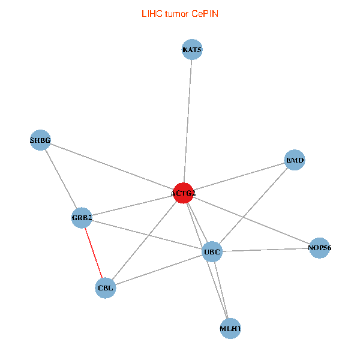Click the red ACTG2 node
coord(183,193)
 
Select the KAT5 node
coord(192,49)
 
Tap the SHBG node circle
coord(40,140)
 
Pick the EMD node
coord(295,160)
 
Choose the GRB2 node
coord(82,218)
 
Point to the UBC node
coord(212,251)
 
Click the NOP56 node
coord(320,247)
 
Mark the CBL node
coord(106,288)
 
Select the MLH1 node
coord(230,329)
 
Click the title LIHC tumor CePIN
coord(179,13)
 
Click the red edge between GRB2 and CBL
coord(94,253)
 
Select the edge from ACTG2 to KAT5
coord(188,120)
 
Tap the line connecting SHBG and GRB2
coord(61,179)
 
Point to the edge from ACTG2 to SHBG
coord(112,167)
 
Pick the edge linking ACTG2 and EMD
coord(239,176)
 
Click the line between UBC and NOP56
coord(266,250)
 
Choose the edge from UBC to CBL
coord(159,270)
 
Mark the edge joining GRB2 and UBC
coord(147,235)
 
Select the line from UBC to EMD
coord(253,206)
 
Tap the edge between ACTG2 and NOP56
coord(251,220)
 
